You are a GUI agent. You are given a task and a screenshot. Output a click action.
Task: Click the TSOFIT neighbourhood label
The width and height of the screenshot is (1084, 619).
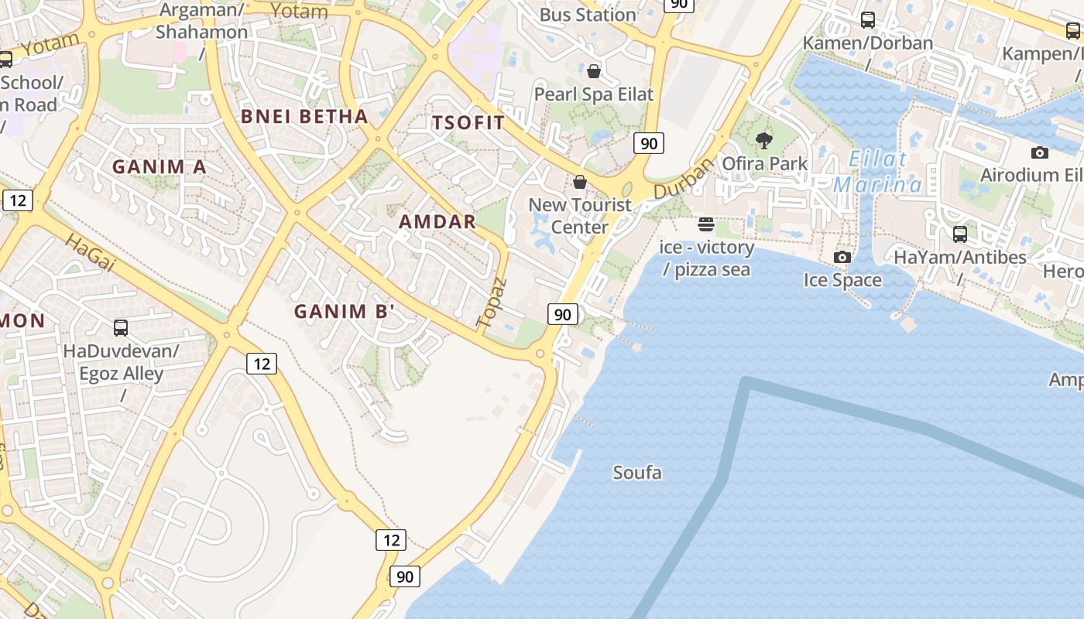coord(468,122)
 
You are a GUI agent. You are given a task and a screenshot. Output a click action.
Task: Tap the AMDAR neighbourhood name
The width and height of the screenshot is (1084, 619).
coord(437,221)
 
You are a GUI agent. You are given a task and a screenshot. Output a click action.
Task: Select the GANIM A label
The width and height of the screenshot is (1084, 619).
coord(160,166)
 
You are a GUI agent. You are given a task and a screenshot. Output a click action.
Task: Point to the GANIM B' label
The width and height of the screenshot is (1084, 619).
coord(345,312)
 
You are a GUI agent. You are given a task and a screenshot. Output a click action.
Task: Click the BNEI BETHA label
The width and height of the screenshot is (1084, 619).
coord(304,116)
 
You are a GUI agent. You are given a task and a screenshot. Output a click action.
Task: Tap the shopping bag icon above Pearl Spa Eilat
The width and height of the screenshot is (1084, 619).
coord(594,72)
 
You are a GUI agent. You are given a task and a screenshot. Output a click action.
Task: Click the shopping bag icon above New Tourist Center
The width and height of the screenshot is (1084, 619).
coord(580,182)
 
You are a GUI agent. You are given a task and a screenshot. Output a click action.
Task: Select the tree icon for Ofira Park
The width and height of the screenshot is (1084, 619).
coord(764,141)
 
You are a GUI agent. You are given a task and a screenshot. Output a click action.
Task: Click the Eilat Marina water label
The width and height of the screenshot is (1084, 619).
coord(878,172)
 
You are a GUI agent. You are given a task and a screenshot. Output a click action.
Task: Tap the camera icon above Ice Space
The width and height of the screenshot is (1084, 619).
coord(842,257)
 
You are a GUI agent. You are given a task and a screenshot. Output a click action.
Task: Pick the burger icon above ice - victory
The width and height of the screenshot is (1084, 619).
coord(705,224)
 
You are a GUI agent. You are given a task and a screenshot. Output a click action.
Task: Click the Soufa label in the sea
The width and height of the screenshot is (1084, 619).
coord(637,472)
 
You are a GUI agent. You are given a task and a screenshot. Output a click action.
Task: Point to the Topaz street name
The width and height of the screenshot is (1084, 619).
coord(492,302)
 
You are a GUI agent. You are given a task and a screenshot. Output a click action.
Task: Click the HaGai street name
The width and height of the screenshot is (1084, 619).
coord(90,252)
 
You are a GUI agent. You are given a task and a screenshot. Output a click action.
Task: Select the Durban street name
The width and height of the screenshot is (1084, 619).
coord(682,178)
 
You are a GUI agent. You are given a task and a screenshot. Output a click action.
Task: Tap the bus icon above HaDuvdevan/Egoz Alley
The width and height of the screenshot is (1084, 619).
coord(121,327)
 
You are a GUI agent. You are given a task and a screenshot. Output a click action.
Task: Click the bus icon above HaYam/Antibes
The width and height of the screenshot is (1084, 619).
coord(960,234)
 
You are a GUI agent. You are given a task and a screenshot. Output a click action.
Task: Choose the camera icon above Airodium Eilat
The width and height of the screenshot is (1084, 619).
coord(1040,152)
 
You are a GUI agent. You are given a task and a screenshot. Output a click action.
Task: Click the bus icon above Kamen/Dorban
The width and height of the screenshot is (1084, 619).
coord(868,20)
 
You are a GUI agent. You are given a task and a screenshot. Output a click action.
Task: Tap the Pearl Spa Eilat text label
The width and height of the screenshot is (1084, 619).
coord(594,94)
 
